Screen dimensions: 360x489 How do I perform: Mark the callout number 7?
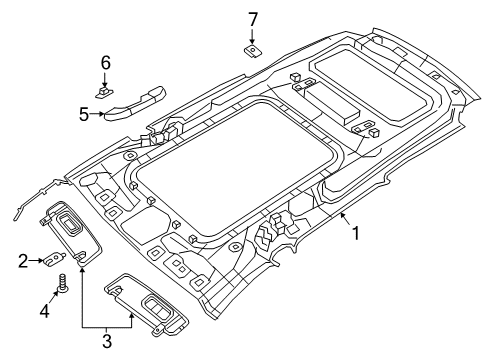pyautogui.click(x=253, y=18)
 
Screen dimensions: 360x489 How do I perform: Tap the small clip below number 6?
pyautogui.click(x=104, y=89)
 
